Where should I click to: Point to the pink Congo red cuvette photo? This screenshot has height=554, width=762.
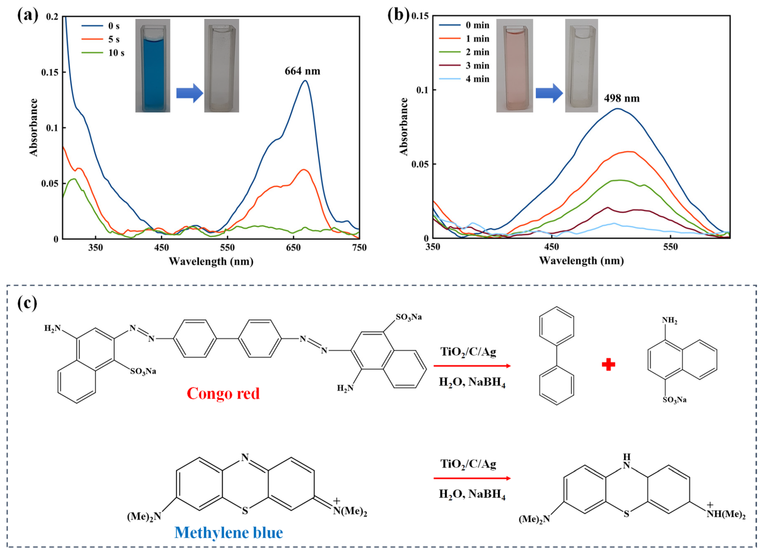pos(514,66)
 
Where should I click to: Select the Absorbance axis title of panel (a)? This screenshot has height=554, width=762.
pos(34,128)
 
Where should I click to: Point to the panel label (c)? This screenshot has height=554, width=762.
pos(27,303)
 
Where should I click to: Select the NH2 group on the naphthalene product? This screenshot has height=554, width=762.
pos(670,321)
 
